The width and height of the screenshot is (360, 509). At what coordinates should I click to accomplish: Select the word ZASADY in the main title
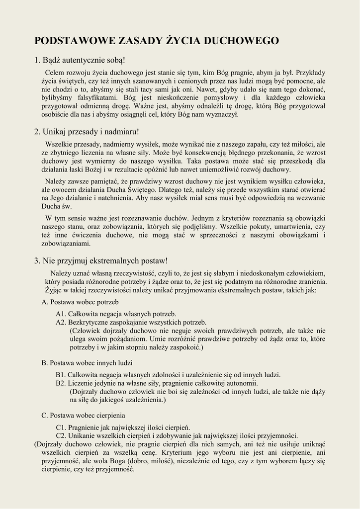138,41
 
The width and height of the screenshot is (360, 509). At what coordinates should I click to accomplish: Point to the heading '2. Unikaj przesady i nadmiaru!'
87,132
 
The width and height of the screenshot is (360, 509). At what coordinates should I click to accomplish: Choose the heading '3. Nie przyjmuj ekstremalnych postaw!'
101,260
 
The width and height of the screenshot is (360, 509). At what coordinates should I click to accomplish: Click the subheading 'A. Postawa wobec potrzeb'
80,302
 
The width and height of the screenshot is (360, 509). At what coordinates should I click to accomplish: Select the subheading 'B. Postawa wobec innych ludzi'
87,363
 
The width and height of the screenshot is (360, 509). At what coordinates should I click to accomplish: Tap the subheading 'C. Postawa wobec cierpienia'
84,415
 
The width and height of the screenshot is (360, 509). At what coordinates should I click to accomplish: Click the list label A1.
61,314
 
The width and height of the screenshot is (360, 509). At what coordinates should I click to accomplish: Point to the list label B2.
61,383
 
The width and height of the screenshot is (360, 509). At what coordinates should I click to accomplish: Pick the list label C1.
61,427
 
